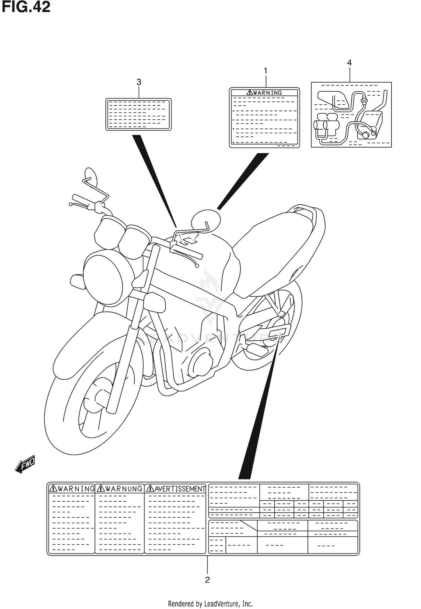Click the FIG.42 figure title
[x=26, y=7]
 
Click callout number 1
[x=265, y=71]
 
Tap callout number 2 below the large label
[x=207, y=580]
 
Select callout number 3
[x=139, y=82]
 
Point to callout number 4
[x=349, y=63]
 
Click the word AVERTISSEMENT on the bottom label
[x=175, y=489]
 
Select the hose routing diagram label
[x=351, y=115]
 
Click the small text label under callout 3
[x=138, y=114]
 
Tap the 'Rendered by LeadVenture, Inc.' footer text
[x=210, y=604]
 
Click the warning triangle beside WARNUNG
[x=100, y=489]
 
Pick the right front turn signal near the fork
[x=155, y=302]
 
